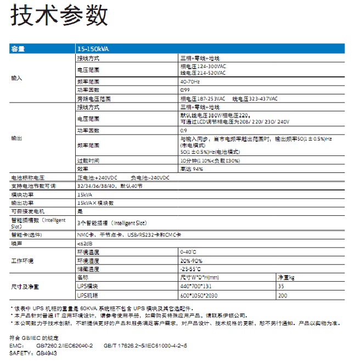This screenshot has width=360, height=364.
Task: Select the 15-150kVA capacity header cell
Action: (93, 49)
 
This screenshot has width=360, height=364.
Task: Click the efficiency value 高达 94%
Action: (192, 170)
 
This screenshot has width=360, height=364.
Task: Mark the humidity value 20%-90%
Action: (192, 261)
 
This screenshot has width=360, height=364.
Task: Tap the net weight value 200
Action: (283, 296)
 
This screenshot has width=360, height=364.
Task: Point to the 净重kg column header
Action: (287, 278)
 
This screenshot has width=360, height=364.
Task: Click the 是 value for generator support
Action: (80, 210)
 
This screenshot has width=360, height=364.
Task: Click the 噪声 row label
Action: (16, 243)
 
